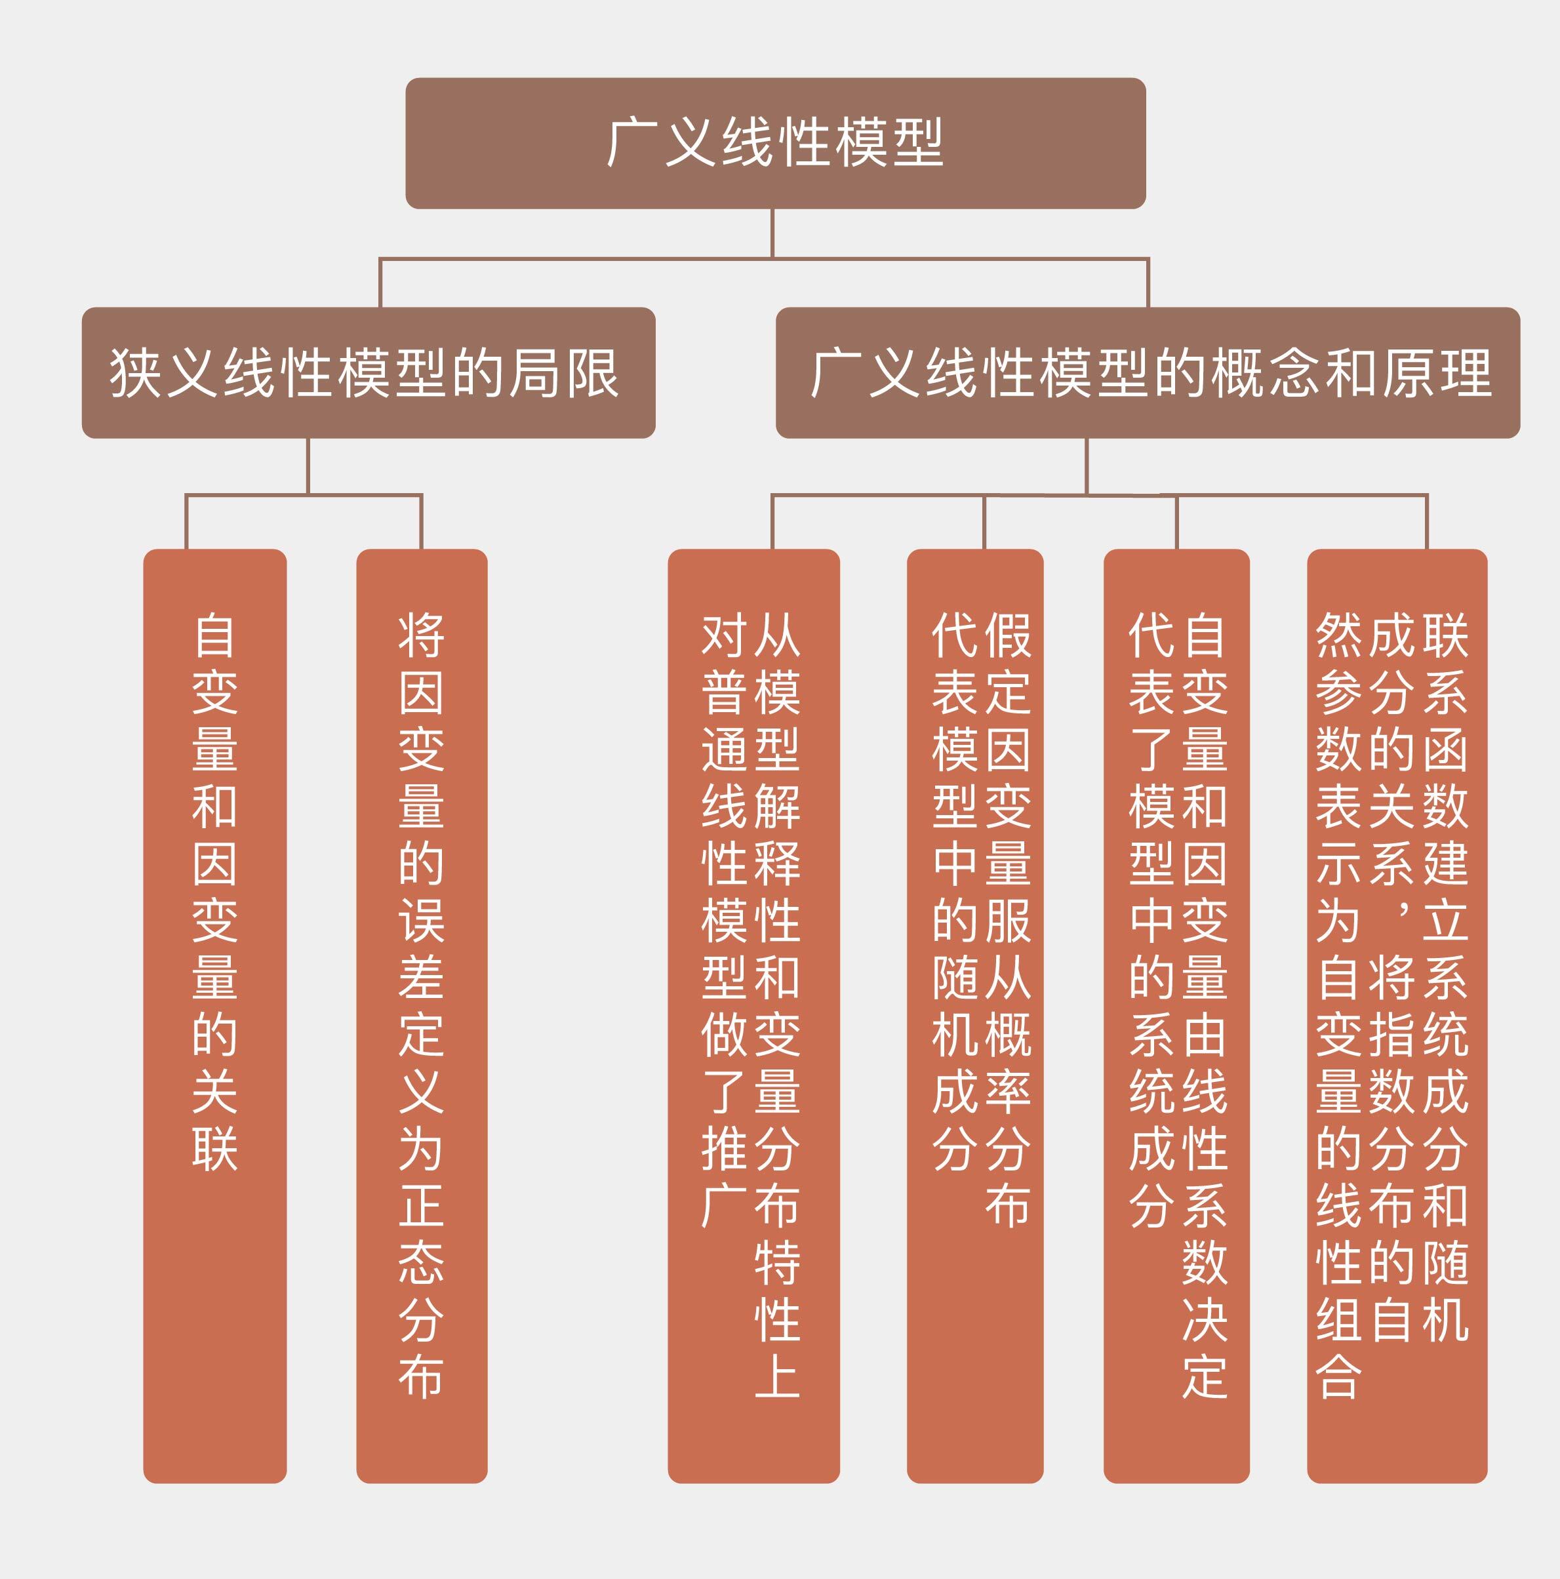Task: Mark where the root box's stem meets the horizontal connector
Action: tap(772, 259)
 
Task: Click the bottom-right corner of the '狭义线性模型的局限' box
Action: tap(654, 437)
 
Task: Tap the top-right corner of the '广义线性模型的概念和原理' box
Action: tap(1519, 309)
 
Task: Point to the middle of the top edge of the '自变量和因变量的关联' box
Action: tap(215, 550)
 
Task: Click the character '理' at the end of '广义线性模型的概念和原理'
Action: tap(1467, 372)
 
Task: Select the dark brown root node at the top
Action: tap(776, 143)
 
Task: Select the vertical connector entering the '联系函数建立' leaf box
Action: tap(1427, 521)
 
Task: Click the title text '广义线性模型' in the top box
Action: tap(776, 143)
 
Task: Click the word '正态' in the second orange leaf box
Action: tap(422, 1233)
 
